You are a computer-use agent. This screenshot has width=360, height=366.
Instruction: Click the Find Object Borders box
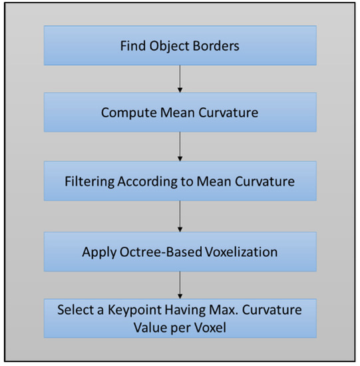point(180,45)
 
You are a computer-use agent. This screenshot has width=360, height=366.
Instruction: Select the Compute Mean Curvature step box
point(180,112)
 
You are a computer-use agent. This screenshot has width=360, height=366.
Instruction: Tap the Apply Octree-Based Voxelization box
point(180,252)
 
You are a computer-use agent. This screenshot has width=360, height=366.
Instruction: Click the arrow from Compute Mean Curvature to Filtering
point(180,146)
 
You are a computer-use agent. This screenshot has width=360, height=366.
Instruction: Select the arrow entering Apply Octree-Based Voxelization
point(180,216)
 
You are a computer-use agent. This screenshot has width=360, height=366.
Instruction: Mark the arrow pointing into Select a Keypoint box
point(180,285)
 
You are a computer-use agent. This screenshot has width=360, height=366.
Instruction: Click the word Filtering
point(90,181)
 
